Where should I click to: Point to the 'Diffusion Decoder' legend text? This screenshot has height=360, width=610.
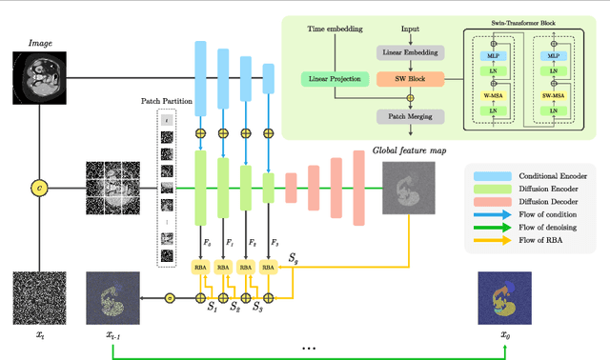[548, 206]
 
